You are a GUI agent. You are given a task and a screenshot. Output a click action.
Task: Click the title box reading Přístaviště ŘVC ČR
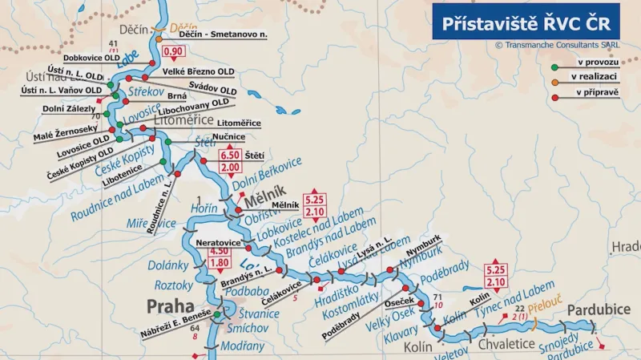(526, 21)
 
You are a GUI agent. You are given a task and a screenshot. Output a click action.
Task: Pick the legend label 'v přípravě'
(594, 95)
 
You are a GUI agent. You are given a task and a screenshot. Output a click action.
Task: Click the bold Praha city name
(169, 305)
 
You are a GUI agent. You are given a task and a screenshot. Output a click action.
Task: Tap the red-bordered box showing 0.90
(173, 53)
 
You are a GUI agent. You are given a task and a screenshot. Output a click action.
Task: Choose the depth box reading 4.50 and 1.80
(220, 257)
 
